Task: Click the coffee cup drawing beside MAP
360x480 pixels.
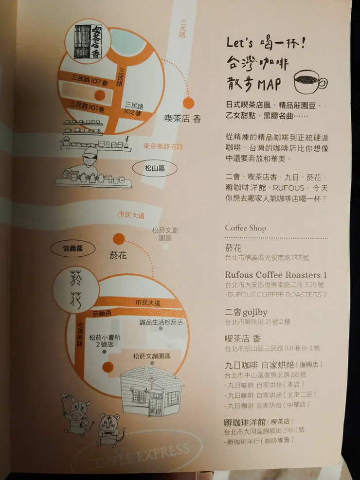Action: tap(310, 81)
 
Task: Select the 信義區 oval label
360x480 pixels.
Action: tap(72, 249)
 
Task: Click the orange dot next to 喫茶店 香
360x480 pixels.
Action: tap(188, 103)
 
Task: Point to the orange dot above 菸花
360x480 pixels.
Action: tap(119, 238)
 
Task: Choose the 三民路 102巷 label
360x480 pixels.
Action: tap(133, 109)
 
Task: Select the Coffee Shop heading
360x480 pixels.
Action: tap(245, 228)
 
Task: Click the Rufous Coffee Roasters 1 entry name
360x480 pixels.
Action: tap(276, 275)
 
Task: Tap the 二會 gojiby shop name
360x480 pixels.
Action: tap(246, 312)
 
